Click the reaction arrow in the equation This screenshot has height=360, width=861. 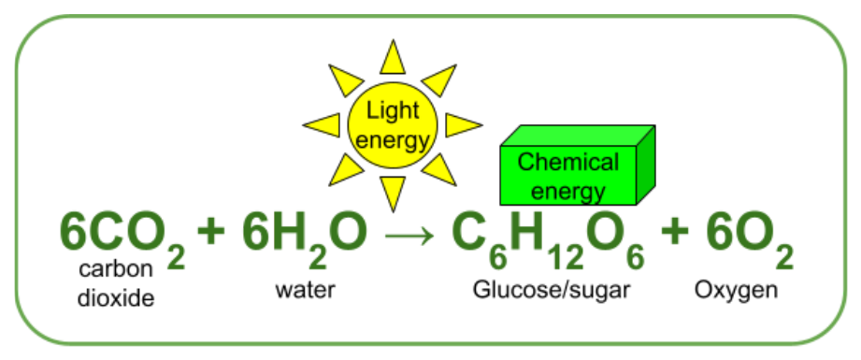[x=409, y=237]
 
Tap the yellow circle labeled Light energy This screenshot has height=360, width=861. [x=393, y=124]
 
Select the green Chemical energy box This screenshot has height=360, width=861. [x=577, y=166]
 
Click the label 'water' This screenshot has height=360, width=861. [x=305, y=290]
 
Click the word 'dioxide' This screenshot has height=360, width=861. [x=116, y=298]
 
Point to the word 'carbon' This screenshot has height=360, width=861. [x=115, y=269]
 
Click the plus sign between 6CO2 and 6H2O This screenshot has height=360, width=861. [x=211, y=231]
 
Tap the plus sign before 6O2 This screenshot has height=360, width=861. [x=675, y=231]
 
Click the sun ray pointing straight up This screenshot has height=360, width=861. [x=393, y=59]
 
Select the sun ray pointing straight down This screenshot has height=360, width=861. [x=393, y=192]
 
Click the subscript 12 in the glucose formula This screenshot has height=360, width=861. [x=567, y=258]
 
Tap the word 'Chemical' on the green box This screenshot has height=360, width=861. [x=567, y=163]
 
